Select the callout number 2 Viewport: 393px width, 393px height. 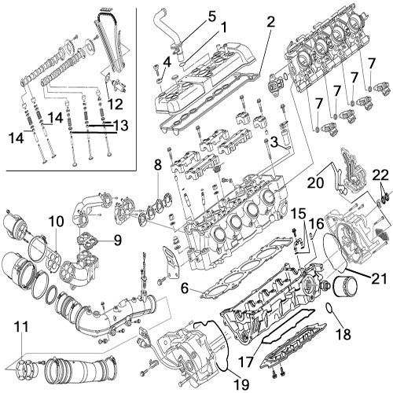[x=271, y=22]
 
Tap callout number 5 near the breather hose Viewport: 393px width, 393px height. [x=189, y=15]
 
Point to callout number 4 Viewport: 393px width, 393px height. [x=167, y=61]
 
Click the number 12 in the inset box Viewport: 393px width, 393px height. [x=116, y=103]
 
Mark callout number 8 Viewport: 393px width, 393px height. [x=158, y=165]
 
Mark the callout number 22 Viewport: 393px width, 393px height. [x=380, y=174]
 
